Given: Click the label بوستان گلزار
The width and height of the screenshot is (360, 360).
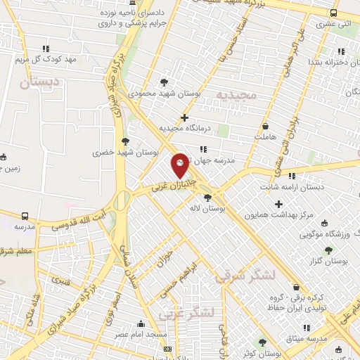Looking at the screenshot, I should (328, 261).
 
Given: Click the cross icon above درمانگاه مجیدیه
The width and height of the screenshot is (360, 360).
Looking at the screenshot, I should (184, 117).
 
